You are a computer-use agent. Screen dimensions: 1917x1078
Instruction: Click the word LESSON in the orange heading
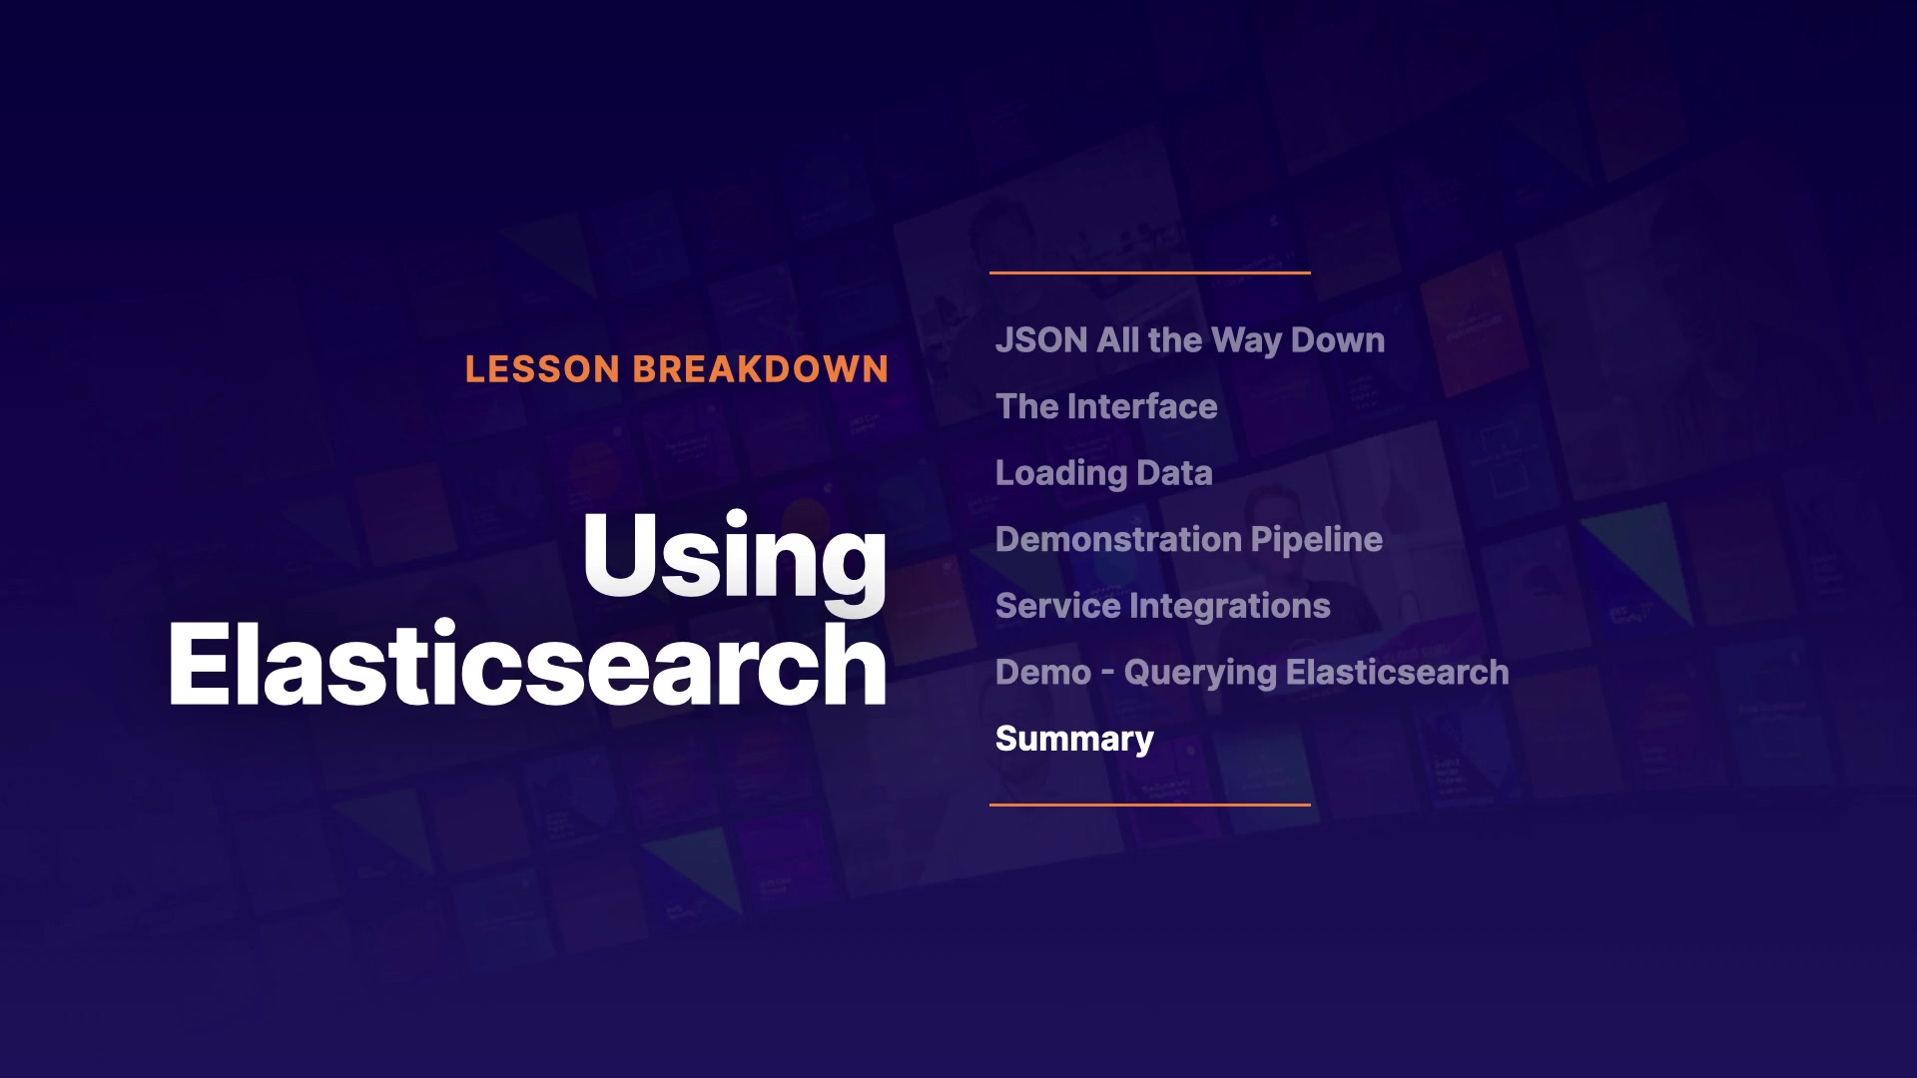pyautogui.click(x=543, y=369)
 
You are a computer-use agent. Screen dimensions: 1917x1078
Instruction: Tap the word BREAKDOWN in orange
pyautogui.click(x=761, y=369)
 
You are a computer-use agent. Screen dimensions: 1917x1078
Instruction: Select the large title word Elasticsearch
pyautogui.click(x=528, y=664)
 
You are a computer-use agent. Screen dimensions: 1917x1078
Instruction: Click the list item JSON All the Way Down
pyautogui.click(x=1190, y=340)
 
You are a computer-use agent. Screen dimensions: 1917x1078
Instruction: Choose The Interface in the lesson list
pyautogui.click(x=1106, y=406)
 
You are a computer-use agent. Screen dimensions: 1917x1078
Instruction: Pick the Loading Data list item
pyautogui.click(x=1104, y=473)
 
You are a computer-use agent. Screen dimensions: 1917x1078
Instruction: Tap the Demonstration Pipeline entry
pyautogui.click(x=1189, y=540)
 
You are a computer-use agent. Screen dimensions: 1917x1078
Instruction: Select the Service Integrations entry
pyautogui.click(x=1163, y=606)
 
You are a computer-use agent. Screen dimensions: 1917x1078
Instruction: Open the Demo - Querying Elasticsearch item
pyautogui.click(x=1252, y=673)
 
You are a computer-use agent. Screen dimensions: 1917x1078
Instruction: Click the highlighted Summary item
pyautogui.click(x=1074, y=739)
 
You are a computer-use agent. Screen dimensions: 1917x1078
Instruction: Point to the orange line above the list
pyautogui.click(x=1150, y=272)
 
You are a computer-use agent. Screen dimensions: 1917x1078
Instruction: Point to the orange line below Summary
pyautogui.click(x=1150, y=805)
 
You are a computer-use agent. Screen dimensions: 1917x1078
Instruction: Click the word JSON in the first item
pyautogui.click(x=1041, y=340)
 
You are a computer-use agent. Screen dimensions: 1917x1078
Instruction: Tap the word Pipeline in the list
pyautogui.click(x=1317, y=540)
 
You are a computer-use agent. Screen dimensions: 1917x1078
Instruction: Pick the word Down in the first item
pyautogui.click(x=1338, y=340)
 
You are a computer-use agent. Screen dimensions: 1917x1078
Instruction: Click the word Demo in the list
pyautogui.click(x=1043, y=673)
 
